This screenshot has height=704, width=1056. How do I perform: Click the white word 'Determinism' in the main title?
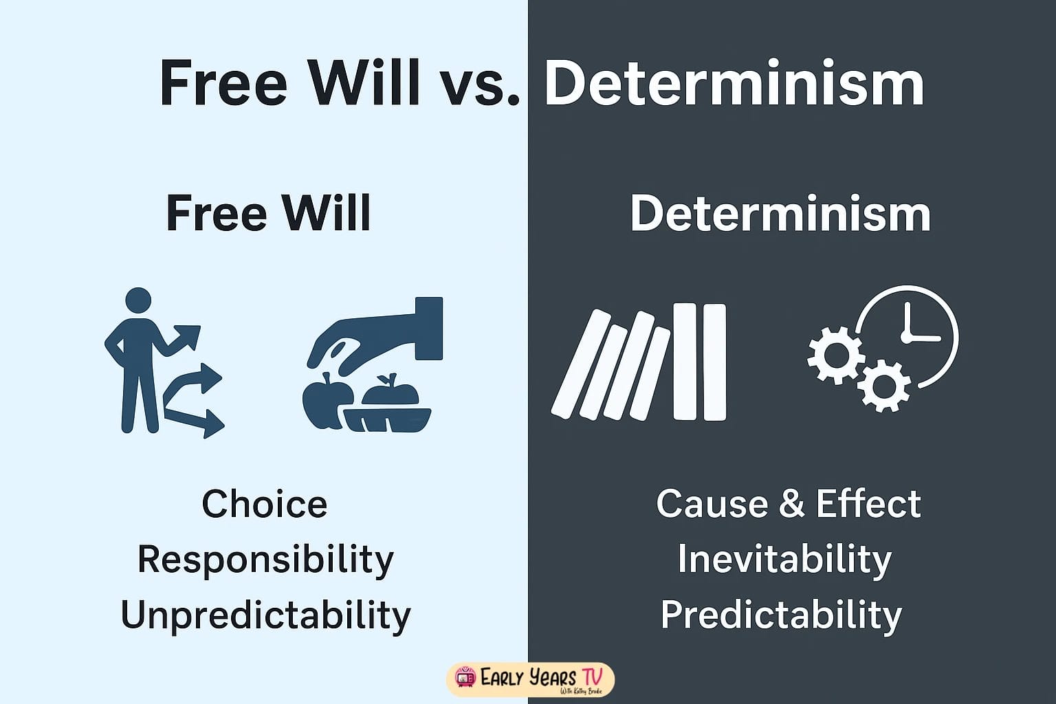coord(734,84)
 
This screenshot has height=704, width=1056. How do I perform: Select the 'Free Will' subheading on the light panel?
coord(268,212)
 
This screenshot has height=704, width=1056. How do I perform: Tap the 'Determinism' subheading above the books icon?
coord(780,213)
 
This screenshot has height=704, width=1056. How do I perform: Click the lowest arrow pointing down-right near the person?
coord(199,419)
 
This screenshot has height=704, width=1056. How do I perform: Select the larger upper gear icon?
coord(836,355)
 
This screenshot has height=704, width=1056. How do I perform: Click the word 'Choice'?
coord(265,504)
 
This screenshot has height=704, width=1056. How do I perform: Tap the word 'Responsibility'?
coord(265,559)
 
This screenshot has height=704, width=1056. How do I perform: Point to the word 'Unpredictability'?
coord(265,614)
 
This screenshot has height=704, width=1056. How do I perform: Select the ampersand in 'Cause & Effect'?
coord(791,503)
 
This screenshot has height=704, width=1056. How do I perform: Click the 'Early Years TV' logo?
coord(529,679)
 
